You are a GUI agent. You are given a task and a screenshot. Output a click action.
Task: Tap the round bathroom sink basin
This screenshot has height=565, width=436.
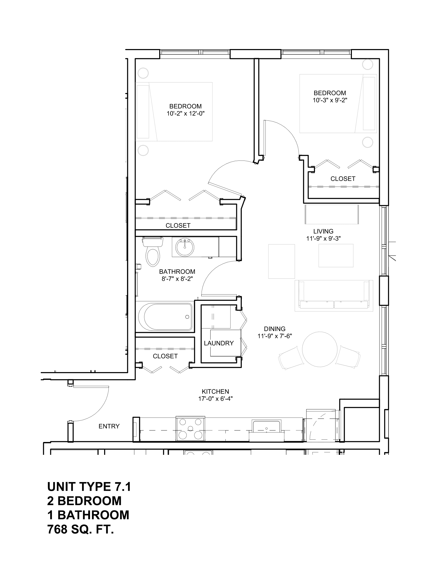tap(185, 247)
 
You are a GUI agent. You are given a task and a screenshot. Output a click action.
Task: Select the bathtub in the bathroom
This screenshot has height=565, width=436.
tap(165, 317)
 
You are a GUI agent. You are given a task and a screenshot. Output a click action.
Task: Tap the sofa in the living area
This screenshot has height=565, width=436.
tap(334, 296)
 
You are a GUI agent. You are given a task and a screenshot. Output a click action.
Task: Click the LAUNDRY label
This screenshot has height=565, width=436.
tap(219, 343)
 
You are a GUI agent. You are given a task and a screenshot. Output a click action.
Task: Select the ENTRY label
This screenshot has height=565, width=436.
tap(109, 426)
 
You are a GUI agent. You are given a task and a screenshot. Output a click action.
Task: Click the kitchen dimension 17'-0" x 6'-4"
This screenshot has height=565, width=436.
tap(215, 399)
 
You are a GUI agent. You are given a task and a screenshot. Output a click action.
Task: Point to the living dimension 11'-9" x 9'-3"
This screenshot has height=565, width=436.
tap(323, 239)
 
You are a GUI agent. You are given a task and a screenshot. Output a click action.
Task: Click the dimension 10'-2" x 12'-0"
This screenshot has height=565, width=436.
tap(185, 113)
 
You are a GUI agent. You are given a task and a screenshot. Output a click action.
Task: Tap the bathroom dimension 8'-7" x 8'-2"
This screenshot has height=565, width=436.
tap(177, 279)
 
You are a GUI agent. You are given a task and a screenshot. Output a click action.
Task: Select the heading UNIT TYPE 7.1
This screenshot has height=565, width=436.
tap(89, 487)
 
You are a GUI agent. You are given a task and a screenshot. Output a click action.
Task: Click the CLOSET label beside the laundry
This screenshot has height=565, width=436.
tap(165, 356)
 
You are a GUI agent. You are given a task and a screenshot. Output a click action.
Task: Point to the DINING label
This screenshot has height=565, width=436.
tap(275, 329)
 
